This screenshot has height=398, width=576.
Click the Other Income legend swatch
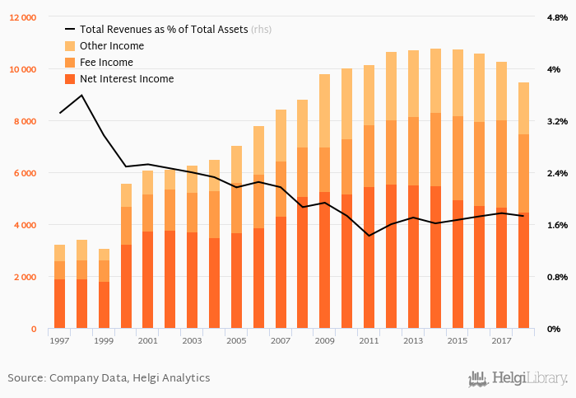pyautogui.click(x=70, y=46)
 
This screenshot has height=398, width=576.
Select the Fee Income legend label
pyautogui.click(x=106, y=63)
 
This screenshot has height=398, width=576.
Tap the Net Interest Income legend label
pyautogui.click(x=127, y=79)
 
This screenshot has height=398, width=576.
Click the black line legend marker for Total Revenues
pyautogui.click(x=70, y=30)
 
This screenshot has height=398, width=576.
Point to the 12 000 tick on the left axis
pyautogui.click(x=23, y=17)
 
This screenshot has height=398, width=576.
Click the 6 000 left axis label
pyautogui.click(x=26, y=173)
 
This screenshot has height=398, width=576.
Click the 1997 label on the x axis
pyautogui.click(x=59, y=340)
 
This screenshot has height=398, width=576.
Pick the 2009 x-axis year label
pyautogui.click(x=324, y=340)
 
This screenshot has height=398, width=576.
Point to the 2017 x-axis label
pyautogui.click(x=501, y=340)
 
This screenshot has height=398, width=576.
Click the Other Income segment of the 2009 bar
pyautogui.click(x=324, y=111)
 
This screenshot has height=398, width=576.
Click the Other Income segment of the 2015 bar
pyautogui.click(x=458, y=83)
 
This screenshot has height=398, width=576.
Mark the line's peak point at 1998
pyautogui.click(x=81, y=96)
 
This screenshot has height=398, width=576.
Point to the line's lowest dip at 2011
pyautogui.click(x=369, y=236)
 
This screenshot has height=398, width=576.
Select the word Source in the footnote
pyautogui.click(x=26, y=378)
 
